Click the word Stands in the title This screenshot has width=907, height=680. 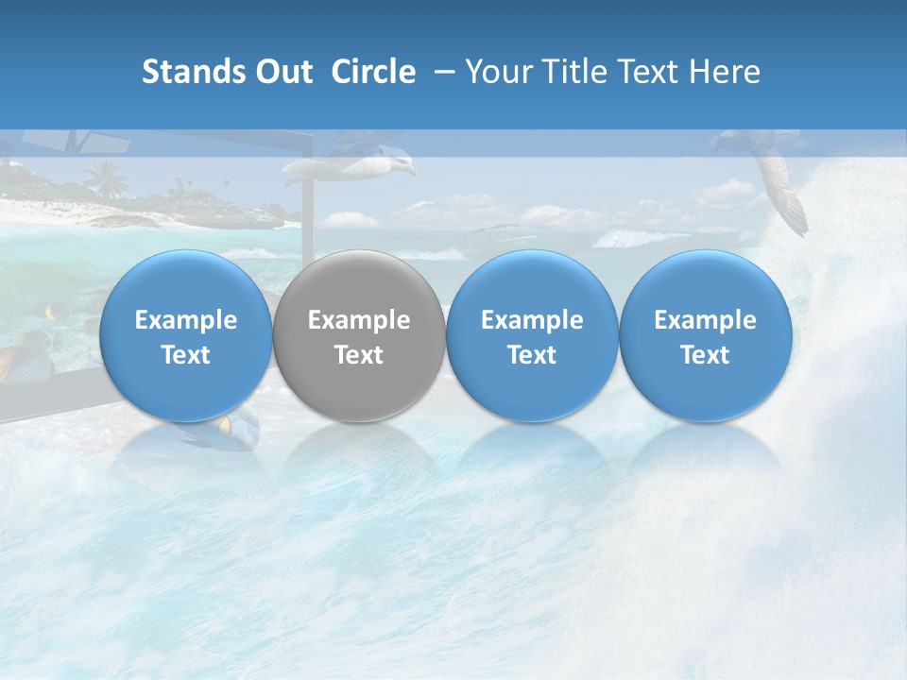pos(194,72)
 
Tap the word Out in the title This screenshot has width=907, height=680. pos(283,72)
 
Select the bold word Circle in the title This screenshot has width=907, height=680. pos(373,72)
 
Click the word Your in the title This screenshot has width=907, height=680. pos(494,72)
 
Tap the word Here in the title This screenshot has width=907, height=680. pos(723,72)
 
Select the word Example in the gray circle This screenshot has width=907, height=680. pos(359,320)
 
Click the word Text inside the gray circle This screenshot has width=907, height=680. pos(359,355)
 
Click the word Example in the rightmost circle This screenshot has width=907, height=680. pos(705,320)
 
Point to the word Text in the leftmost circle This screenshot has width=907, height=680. pos(186,355)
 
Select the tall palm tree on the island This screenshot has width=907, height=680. pos(106,177)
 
